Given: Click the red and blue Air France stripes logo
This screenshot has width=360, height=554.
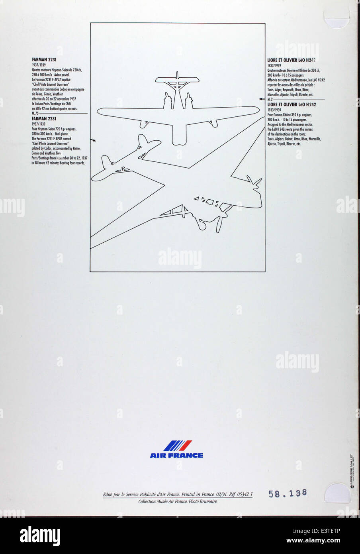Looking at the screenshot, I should [178, 446].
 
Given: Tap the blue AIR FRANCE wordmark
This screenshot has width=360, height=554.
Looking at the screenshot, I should [176, 456].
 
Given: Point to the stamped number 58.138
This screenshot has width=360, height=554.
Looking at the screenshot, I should [288, 493].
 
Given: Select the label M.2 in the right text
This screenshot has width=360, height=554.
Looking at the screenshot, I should [270, 99].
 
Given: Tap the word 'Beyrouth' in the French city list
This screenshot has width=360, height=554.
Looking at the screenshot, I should [290, 90].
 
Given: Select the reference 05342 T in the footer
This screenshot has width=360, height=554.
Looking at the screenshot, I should [245, 494].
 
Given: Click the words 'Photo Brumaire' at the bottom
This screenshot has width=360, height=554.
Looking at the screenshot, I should [203, 501].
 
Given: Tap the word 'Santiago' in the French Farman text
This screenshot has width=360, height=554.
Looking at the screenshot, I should [58, 104].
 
